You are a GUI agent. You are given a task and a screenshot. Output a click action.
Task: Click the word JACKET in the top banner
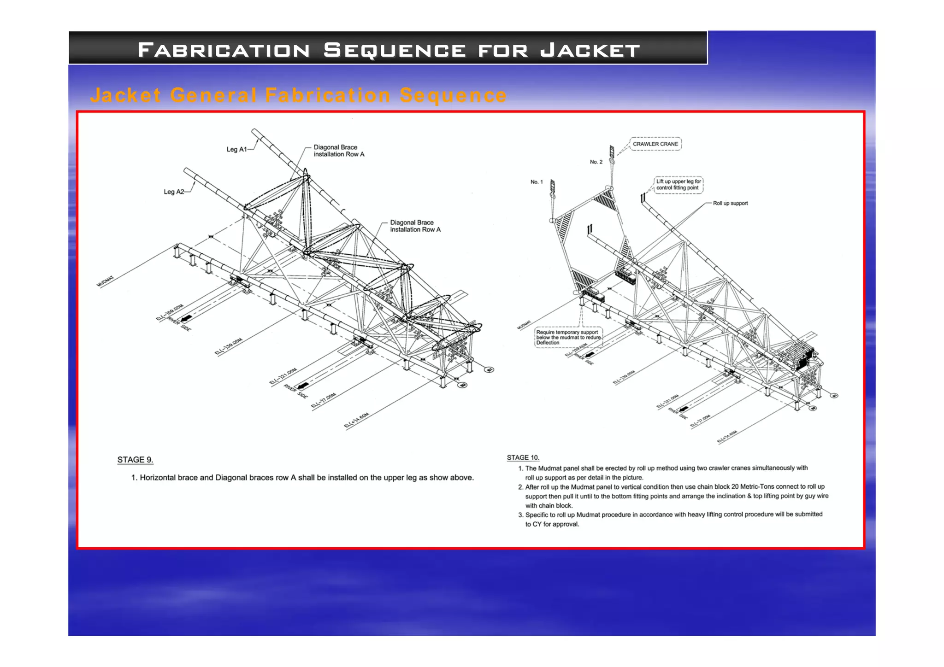(590, 50)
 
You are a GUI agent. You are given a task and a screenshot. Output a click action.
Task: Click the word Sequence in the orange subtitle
(453, 95)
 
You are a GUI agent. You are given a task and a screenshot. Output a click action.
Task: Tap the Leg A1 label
(236, 149)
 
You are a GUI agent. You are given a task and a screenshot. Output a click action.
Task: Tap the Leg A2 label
(174, 192)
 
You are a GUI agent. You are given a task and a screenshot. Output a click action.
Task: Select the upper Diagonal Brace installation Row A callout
(339, 151)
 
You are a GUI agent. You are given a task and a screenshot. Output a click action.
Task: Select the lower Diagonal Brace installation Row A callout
(415, 226)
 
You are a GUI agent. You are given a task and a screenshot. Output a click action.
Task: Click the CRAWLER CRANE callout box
(655, 144)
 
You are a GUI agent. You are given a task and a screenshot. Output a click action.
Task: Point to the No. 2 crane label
(596, 162)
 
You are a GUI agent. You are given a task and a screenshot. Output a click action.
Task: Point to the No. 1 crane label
(537, 182)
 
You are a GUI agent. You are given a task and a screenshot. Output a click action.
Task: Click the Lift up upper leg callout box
(678, 184)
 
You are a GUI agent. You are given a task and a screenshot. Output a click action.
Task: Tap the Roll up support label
(730, 203)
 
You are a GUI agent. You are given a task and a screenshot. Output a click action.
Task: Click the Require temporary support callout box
(568, 337)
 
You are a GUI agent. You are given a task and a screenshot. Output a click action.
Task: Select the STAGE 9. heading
(135, 460)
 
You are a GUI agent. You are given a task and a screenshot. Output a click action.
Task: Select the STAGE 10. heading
(523, 457)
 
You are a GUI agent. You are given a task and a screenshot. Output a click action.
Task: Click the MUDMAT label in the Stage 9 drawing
(105, 281)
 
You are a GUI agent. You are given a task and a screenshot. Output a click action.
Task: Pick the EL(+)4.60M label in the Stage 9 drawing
(357, 421)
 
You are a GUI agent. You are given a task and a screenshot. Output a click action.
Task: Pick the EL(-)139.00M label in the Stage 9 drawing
(229, 346)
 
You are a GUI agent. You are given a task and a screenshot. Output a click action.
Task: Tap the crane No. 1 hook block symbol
(553, 188)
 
